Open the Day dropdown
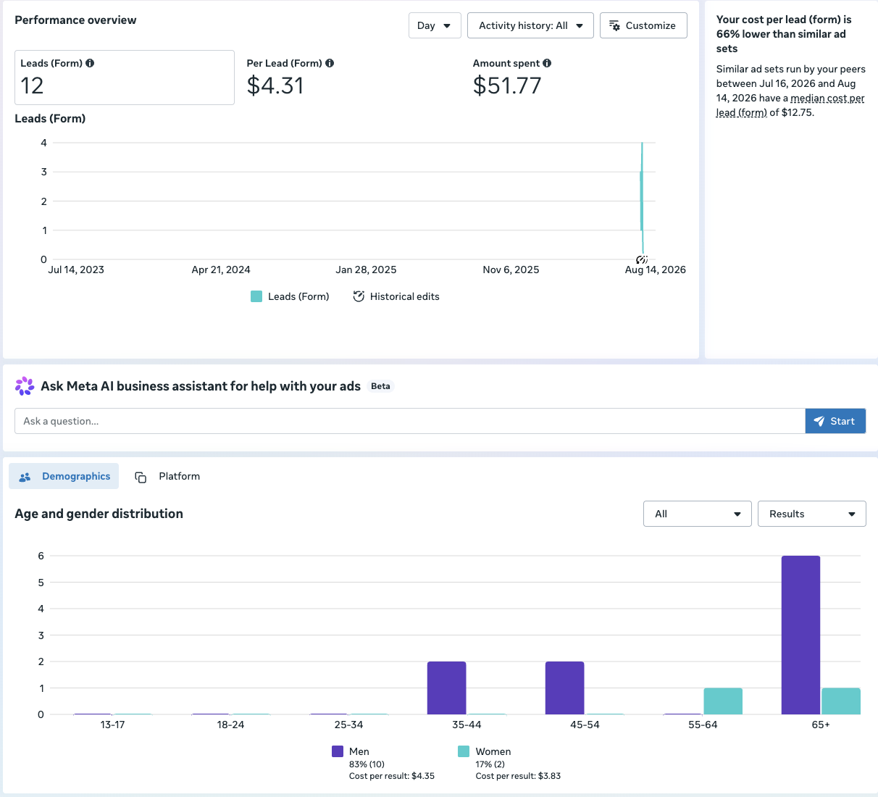[x=435, y=25]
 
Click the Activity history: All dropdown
[x=530, y=25]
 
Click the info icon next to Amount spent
[x=547, y=63]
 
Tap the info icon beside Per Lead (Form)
[x=330, y=63]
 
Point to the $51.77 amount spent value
[x=507, y=85]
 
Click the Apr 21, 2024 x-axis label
[x=221, y=270]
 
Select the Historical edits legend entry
[x=396, y=296]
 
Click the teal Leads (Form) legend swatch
[x=256, y=296]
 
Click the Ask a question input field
[x=410, y=421]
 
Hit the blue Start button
[x=835, y=421]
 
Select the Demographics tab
[x=64, y=476]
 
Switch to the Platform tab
[x=167, y=476]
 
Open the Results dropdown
[x=811, y=514]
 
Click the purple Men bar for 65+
[x=800, y=635]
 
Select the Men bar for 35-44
[x=446, y=688]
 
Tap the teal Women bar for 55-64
[x=723, y=701]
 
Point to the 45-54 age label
[x=585, y=725]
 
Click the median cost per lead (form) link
[x=790, y=105]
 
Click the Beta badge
[x=380, y=386]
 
